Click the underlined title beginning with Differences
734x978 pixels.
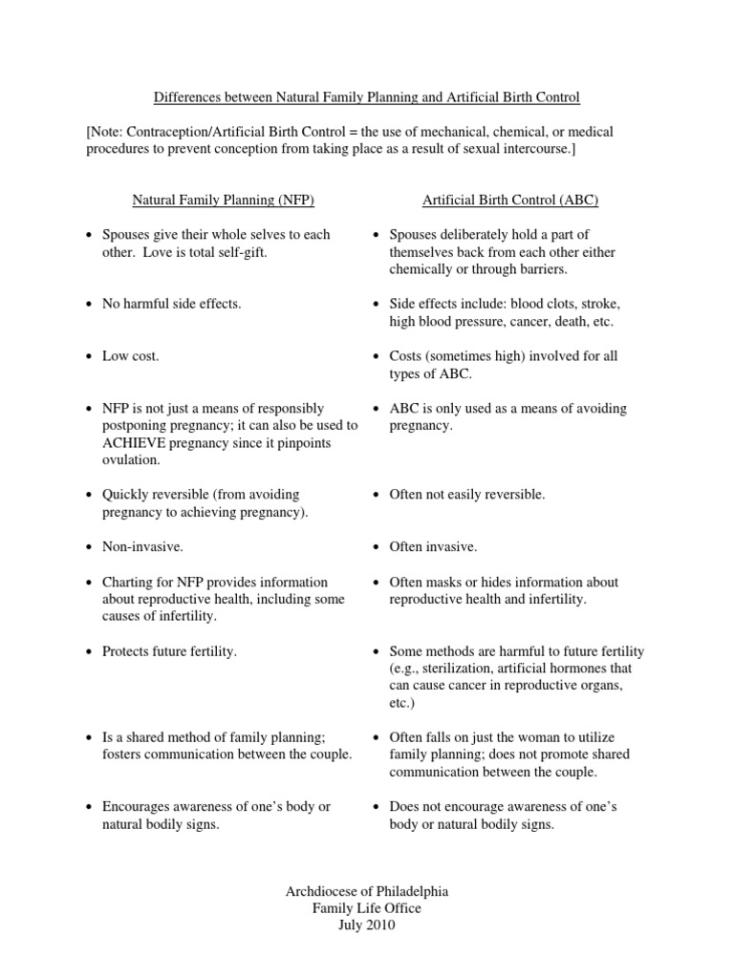(x=367, y=97)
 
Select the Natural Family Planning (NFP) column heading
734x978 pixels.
(x=223, y=200)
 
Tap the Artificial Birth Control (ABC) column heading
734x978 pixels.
(x=510, y=200)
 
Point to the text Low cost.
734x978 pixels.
(x=131, y=356)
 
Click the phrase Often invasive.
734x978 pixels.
(x=433, y=546)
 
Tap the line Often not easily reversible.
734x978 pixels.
(x=467, y=495)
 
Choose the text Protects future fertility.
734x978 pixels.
(x=169, y=651)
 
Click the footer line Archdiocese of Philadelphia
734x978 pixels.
(x=367, y=891)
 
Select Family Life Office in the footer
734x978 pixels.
(x=367, y=908)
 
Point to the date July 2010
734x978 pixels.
(x=367, y=925)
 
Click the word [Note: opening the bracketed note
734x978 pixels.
(x=105, y=131)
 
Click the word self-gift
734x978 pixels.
(x=243, y=252)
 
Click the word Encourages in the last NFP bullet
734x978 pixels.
(x=137, y=807)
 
